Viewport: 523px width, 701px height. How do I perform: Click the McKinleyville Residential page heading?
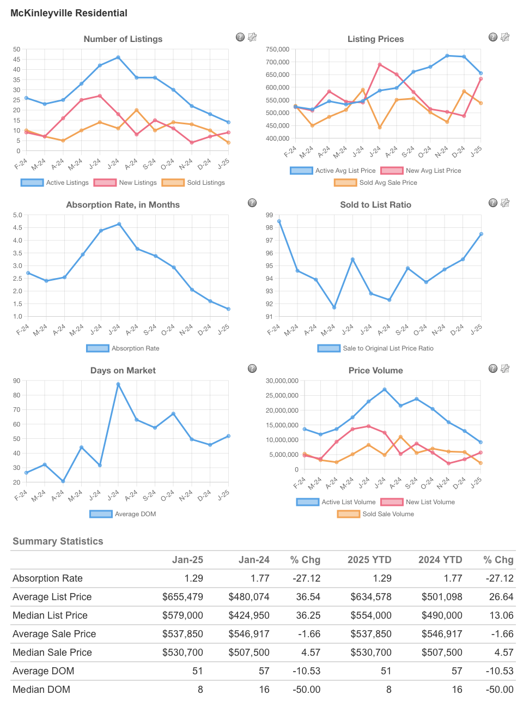69,13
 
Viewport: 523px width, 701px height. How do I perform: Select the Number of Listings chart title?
123,39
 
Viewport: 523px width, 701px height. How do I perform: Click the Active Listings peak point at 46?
118,57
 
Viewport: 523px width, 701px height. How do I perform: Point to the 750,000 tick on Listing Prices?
277,50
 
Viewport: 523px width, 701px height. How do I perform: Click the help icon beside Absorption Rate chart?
252,203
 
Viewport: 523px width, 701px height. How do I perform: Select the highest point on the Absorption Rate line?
119,224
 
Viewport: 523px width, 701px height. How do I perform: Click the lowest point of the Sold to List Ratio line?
334,307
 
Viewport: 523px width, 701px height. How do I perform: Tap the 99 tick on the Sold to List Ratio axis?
269,215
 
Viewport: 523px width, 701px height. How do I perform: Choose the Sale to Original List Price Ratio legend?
376,348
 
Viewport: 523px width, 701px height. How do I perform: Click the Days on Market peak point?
118,384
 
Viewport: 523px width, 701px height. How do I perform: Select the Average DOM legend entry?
123,514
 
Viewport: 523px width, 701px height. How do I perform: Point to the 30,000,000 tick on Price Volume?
282,381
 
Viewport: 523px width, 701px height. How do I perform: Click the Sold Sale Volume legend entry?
376,514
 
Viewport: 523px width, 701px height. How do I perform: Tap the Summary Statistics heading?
58,541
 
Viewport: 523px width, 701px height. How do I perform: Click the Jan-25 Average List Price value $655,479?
183,597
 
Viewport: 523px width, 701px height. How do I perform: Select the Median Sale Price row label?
52,652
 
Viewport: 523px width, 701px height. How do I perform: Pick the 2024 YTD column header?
440,560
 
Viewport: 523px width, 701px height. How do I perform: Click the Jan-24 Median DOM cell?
264,690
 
